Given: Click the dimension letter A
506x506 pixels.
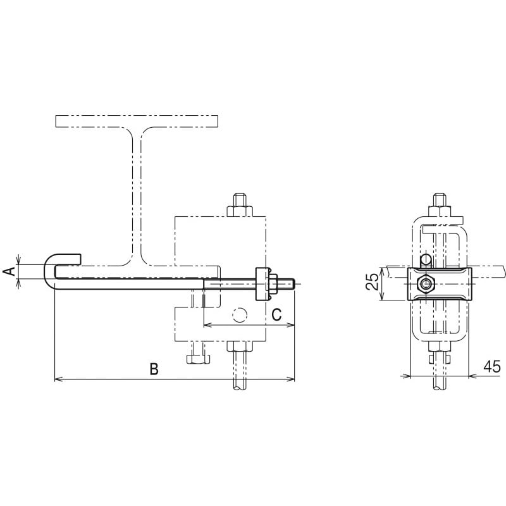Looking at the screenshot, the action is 11,271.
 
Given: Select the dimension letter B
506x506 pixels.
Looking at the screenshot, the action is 154,369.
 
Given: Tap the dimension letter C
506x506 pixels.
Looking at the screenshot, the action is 276,314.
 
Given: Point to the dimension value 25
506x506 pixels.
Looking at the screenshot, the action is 373,281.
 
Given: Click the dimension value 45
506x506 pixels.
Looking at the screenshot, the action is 492,367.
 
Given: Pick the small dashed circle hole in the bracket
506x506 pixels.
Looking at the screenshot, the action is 240,315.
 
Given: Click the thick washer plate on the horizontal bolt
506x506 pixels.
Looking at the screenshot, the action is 262,284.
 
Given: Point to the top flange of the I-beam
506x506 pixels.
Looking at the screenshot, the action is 137,121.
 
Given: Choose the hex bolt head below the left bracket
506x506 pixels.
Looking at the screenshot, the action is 198,359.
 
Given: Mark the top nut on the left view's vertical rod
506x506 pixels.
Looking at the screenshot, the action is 240,211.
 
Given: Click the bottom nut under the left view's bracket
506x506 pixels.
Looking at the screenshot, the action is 240,346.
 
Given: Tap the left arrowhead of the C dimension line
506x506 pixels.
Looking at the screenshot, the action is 207,325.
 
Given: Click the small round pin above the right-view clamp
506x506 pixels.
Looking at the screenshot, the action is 426,260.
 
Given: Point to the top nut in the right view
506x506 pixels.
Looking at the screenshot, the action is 439,211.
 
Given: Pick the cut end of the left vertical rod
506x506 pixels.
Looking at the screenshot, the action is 240,388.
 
